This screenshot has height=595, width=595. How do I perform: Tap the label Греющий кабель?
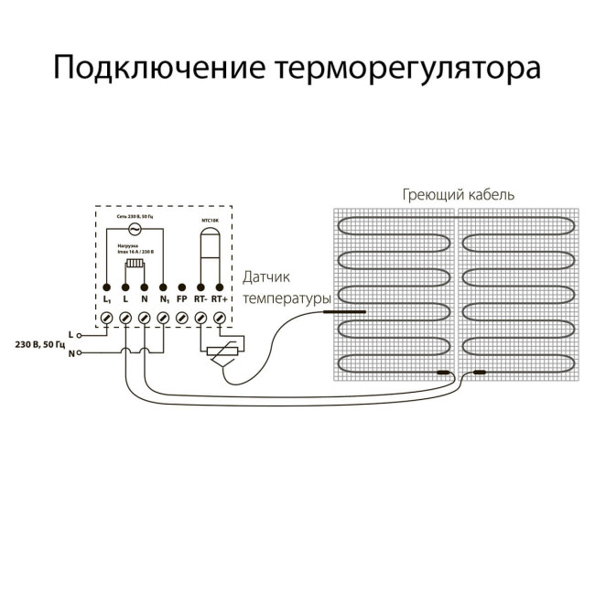(458, 195)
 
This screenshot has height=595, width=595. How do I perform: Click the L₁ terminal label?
(106, 299)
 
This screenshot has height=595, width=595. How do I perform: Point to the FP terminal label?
(181, 299)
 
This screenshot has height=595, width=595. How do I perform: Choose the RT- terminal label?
(200, 299)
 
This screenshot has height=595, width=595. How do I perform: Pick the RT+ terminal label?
(219, 299)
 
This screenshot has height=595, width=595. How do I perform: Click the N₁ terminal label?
(163, 299)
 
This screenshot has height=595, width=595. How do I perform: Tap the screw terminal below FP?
(181, 317)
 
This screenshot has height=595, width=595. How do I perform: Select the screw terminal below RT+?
(219, 317)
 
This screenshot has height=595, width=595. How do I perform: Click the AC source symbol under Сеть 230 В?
(135, 229)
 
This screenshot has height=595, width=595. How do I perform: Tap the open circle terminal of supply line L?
(80, 335)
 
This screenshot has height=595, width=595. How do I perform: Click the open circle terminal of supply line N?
(80, 352)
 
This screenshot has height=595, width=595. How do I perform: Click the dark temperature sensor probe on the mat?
(343, 312)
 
